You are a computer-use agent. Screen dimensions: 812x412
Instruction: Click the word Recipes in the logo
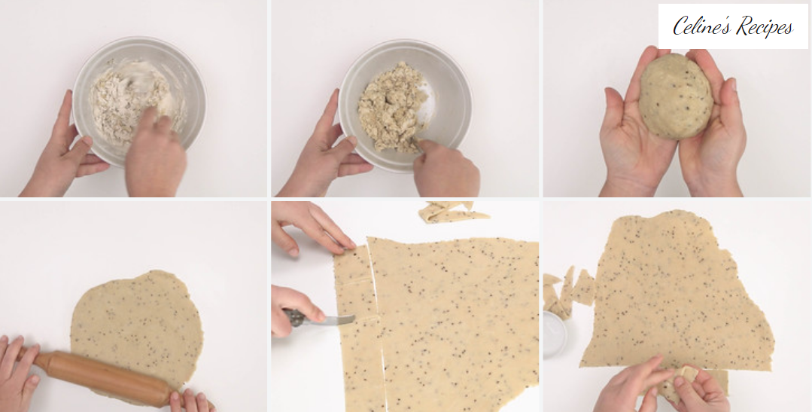tap(765, 26)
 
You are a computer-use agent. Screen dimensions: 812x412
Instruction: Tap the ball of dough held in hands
tap(675, 96)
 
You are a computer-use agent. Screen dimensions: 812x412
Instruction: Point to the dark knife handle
tap(293, 317)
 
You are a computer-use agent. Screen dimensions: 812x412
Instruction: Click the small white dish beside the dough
tap(555, 334)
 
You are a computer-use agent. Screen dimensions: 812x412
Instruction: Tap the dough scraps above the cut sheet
tap(452, 212)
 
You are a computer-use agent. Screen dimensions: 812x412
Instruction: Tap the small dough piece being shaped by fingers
tap(683, 383)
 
